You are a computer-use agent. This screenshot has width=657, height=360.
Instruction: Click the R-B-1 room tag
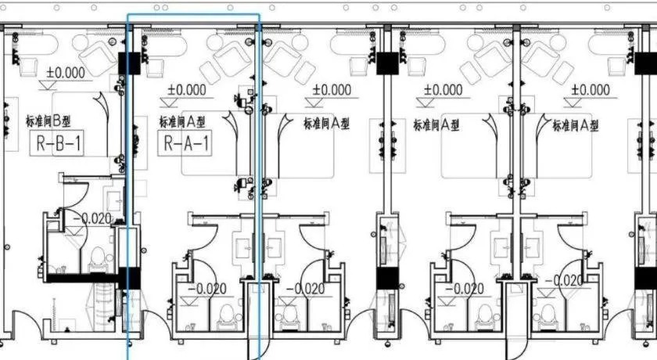(56, 143)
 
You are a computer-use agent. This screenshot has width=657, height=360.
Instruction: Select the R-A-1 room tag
(185, 143)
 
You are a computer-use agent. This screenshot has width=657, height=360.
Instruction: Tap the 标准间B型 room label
(48, 121)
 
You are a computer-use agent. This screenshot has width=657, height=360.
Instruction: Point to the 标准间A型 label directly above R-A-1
(182, 121)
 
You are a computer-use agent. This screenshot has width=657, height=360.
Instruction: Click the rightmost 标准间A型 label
(576, 125)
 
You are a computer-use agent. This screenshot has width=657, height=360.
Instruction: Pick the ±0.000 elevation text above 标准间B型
(66, 73)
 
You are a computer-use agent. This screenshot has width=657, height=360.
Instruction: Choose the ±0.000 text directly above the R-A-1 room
(186, 90)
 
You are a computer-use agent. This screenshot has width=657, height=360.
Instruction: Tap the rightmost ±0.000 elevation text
(591, 90)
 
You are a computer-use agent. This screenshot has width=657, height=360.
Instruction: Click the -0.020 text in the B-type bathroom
(92, 218)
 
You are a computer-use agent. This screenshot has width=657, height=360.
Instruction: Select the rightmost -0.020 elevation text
(565, 280)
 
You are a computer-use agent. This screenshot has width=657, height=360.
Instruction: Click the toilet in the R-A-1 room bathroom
(227, 315)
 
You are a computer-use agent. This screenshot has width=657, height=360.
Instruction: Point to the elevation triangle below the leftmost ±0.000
(48, 85)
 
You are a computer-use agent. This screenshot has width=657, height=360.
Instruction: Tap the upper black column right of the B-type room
(129, 63)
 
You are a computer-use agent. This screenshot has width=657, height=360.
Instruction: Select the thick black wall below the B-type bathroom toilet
(81, 278)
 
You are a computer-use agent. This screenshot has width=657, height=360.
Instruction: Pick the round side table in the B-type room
(81, 42)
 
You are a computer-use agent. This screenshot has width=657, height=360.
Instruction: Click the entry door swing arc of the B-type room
(26, 321)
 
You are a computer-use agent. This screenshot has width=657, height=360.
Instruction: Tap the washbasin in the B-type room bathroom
(113, 201)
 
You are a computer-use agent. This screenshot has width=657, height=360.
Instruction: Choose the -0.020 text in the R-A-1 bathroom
(207, 288)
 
